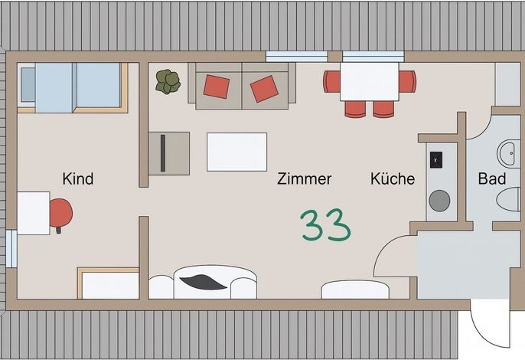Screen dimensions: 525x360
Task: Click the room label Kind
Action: (x=78, y=178)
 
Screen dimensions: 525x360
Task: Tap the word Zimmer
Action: (x=304, y=178)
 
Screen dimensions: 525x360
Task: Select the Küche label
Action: (x=393, y=178)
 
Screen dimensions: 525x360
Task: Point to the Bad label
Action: (x=492, y=178)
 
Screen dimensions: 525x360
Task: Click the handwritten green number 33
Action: (x=325, y=225)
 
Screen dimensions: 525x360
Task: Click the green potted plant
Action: (x=168, y=81)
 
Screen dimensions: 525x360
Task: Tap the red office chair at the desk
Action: (x=60, y=214)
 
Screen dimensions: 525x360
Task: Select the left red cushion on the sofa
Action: (x=217, y=87)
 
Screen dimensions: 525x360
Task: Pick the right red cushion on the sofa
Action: (x=265, y=89)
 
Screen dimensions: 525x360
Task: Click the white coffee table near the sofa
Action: (x=236, y=152)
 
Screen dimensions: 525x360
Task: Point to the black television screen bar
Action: (x=163, y=153)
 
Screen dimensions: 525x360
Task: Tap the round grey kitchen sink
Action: (x=439, y=201)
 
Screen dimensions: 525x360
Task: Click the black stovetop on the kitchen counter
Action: (x=436, y=159)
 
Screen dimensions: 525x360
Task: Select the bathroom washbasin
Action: (x=509, y=154)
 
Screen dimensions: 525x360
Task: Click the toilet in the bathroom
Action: (x=508, y=199)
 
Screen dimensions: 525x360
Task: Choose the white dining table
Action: (x=370, y=81)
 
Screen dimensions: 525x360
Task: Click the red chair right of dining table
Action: (x=407, y=81)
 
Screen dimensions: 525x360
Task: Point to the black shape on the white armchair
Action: (x=203, y=282)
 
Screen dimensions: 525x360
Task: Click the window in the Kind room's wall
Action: (x=11, y=248)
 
